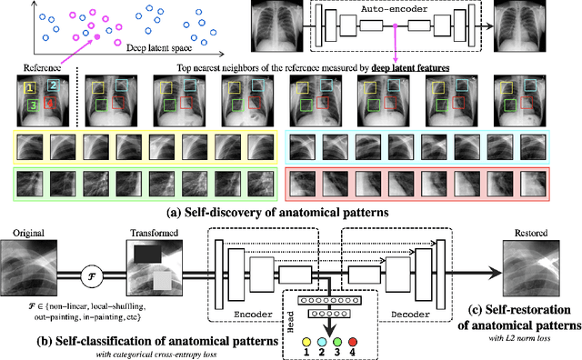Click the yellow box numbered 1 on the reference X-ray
click(x=30, y=88)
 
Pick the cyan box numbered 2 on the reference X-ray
click(x=53, y=85)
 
